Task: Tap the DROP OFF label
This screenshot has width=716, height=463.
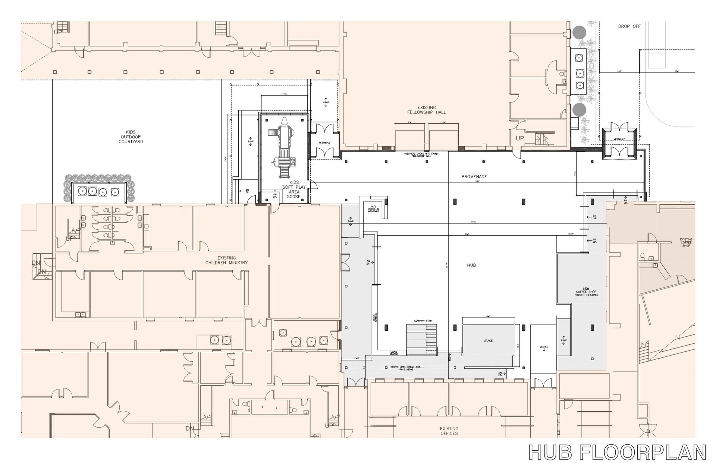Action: click(x=629, y=26)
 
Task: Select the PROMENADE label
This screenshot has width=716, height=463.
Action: click(x=474, y=177)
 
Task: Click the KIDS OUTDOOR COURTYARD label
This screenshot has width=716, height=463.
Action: click(x=131, y=137)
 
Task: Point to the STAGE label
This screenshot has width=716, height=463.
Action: click(x=488, y=341)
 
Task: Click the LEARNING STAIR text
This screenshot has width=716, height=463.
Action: click(x=421, y=321)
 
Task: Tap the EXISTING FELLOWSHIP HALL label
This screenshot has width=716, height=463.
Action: click(x=427, y=110)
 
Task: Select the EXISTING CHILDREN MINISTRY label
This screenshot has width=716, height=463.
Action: click(x=226, y=260)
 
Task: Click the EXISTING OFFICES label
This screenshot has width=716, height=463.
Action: click(x=449, y=431)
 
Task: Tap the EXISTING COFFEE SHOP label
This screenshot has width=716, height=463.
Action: click(x=686, y=242)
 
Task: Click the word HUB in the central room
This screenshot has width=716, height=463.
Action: click(x=471, y=265)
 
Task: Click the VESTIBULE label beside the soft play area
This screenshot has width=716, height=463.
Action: click(x=324, y=143)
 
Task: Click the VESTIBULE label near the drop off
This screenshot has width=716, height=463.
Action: click(x=619, y=139)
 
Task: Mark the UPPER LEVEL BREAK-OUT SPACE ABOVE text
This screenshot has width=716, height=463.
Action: click(x=408, y=368)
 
